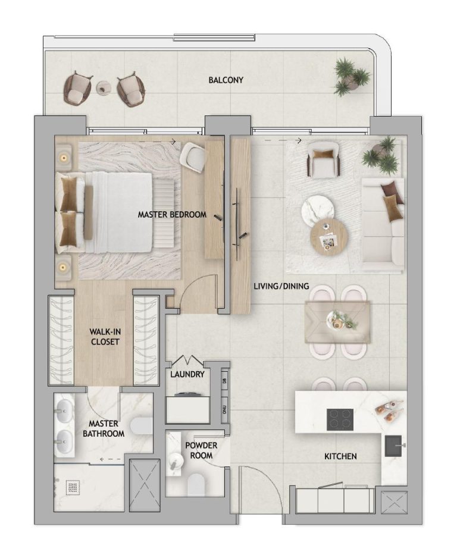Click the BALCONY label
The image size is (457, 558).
point(226,80)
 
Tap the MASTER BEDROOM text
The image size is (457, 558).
point(172,215)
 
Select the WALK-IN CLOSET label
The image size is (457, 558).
point(105,337)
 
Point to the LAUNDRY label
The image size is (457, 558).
point(187,374)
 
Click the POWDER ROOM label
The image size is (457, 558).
point(201,450)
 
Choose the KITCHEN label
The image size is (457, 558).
point(340,456)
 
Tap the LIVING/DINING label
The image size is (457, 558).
point(281,286)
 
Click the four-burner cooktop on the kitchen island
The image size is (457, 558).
point(340,418)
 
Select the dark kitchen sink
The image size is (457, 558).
point(393,446)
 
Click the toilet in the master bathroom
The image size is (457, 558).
point(141,425)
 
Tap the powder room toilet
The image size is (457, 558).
point(196,484)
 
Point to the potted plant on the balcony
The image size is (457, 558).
point(351,77)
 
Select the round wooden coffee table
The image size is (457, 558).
point(329,237)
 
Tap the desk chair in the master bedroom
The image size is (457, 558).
point(193,156)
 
